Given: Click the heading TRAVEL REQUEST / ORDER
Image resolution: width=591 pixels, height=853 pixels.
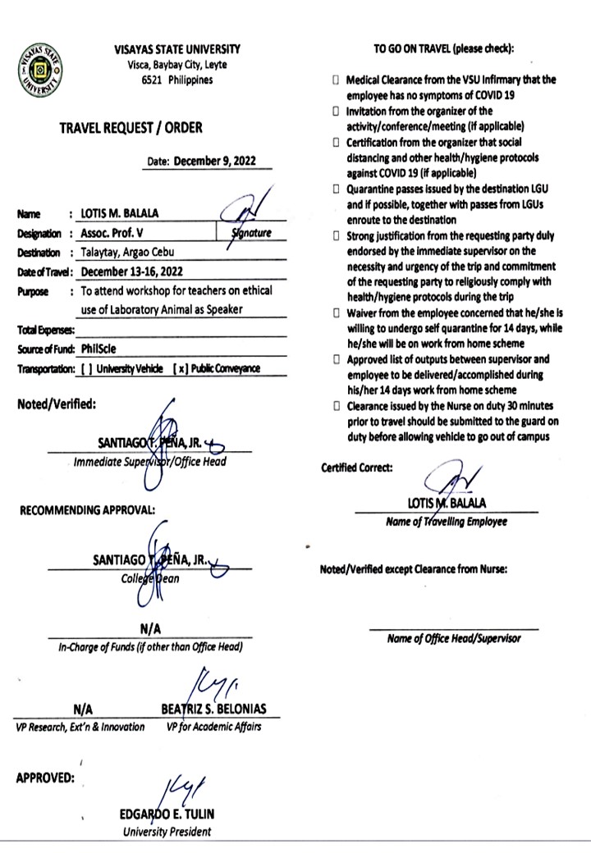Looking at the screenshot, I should (x=131, y=128).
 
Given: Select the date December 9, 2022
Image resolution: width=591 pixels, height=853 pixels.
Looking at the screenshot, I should (x=215, y=162).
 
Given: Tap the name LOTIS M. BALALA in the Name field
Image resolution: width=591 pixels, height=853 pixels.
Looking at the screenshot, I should (x=119, y=215).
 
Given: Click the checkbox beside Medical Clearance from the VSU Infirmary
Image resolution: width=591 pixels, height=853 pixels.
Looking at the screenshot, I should (x=336, y=80).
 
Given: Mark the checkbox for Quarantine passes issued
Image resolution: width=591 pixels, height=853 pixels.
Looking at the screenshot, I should (x=336, y=189).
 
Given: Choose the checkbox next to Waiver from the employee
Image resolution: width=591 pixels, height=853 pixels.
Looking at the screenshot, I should (x=336, y=313).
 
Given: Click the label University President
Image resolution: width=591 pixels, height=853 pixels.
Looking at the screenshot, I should (x=167, y=832).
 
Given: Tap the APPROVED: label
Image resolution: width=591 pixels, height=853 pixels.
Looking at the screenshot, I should (x=46, y=778).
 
